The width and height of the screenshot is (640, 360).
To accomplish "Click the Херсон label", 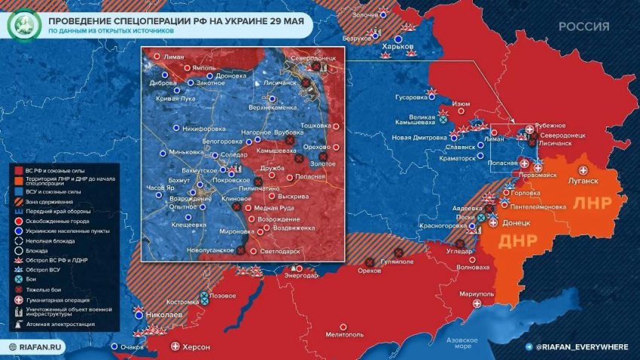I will (x=197, y=347).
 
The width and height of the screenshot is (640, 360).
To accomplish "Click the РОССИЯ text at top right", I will (x=584, y=26).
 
